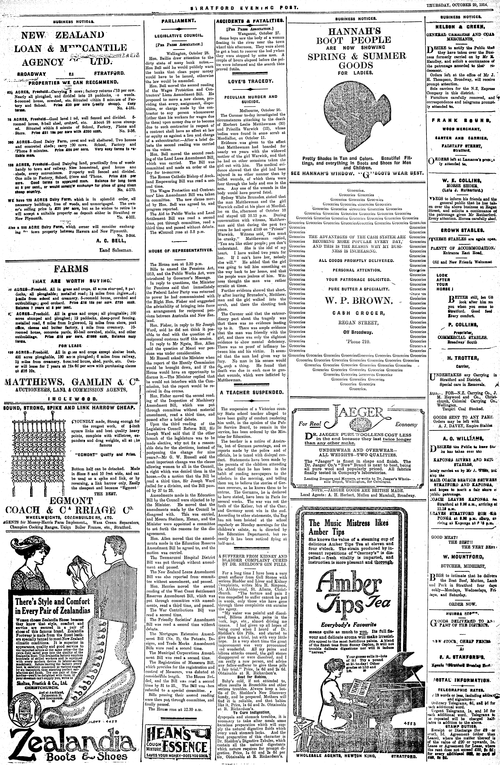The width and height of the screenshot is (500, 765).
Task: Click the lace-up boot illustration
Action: [106, 685]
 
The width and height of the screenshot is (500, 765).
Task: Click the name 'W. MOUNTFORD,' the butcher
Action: [461, 557]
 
